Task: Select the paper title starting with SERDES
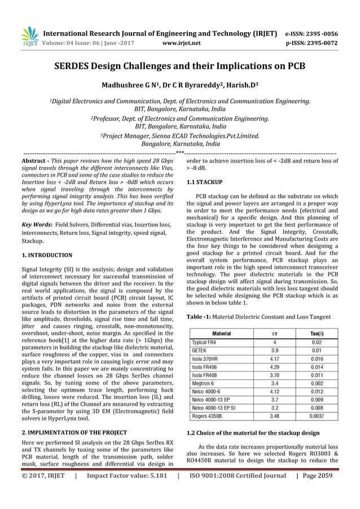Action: pyautogui.click(x=179, y=65)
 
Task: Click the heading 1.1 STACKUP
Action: pyautogui.click(x=204, y=182)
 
